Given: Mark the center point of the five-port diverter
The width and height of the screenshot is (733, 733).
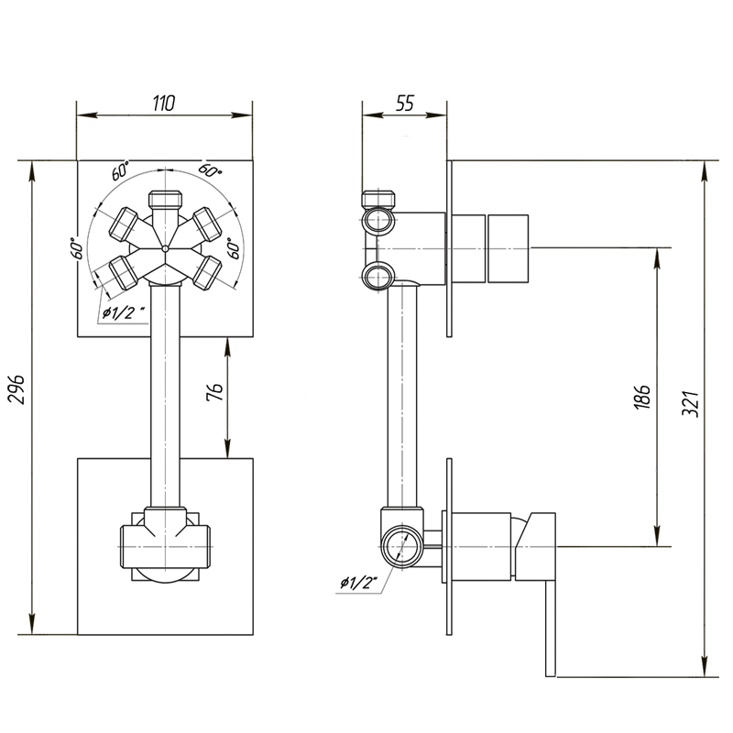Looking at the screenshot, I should click(x=163, y=248).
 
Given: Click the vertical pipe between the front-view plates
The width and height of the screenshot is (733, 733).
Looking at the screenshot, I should click(x=163, y=394).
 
